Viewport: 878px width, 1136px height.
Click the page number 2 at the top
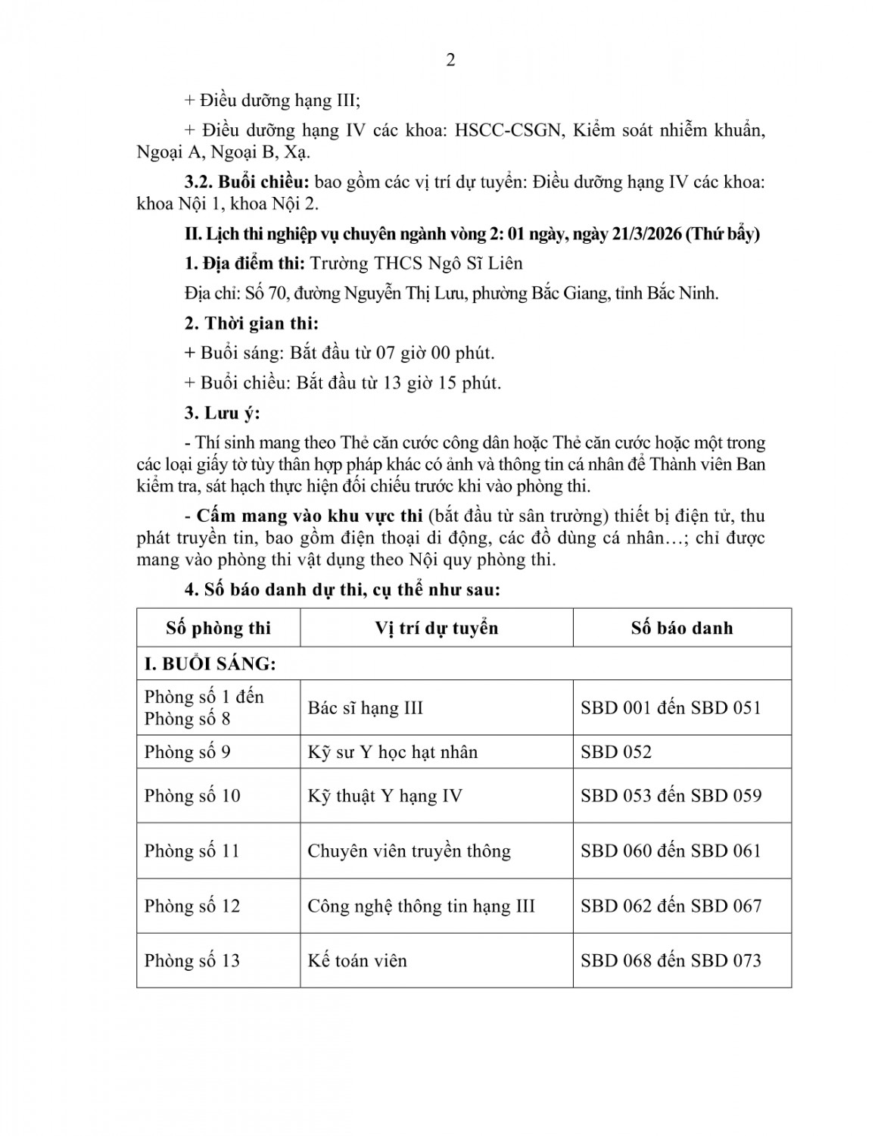(450, 61)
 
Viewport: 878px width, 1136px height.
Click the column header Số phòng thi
(218, 628)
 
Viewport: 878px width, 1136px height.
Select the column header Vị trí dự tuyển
(436, 628)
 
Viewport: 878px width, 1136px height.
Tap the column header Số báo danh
(681, 628)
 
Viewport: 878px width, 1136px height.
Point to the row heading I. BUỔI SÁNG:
(210, 663)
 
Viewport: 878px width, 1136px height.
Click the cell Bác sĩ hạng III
(365, 708)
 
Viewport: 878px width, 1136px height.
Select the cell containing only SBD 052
(616, 752)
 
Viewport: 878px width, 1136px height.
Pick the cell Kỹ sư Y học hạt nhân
(392, 752)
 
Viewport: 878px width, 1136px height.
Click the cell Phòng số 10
(192, 796)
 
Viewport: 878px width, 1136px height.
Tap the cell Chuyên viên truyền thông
(409, 851)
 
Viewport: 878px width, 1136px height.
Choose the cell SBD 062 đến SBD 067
(671, 906)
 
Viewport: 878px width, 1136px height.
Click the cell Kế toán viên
(357, 961)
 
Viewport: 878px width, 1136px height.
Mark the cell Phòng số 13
(192, 961)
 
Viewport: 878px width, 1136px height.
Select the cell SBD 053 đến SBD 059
(671, 796)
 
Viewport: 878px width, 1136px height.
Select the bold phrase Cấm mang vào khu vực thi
(309, 517)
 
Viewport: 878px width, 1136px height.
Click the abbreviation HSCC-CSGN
(507, 130)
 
